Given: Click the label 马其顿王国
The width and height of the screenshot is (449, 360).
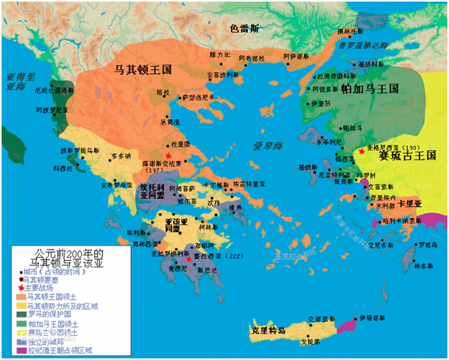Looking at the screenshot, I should click(148, 70).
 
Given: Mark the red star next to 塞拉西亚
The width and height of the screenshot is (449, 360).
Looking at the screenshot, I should click(188, 259).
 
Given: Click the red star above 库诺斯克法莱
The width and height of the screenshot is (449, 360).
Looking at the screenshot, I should click(167, 154).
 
